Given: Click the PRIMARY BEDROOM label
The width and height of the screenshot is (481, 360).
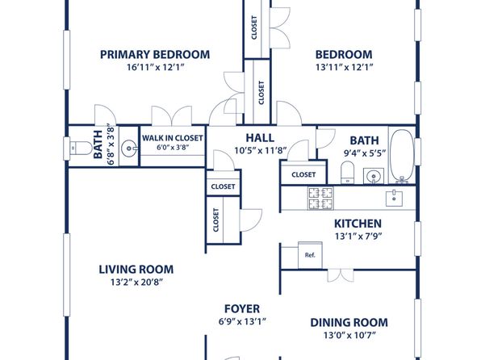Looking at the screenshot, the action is tap(155, 55).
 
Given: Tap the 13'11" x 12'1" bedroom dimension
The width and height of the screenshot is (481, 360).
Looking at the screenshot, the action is tap(344, 67).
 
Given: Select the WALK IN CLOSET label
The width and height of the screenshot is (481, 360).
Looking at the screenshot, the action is tap(173, 138).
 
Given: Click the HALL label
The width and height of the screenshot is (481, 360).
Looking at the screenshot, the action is tap(260, 138).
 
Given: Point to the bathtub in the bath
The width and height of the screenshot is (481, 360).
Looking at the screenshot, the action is tap(401, 157).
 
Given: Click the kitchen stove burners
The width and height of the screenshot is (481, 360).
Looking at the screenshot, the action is tap(320, 199).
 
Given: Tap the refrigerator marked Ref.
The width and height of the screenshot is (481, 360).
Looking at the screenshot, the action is tap(310, 255).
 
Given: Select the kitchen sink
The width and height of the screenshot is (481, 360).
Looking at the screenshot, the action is tap(394, 198).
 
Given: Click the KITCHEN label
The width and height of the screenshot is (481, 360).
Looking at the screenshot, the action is tap(358, 224).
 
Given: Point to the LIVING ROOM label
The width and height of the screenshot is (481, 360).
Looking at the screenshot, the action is tap(136, 270).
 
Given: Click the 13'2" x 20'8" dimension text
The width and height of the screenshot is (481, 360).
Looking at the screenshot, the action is tap(136, 282).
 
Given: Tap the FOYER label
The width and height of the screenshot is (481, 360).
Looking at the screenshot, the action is tap(242, 309).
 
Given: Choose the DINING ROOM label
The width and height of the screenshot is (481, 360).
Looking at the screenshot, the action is tap(349, 323).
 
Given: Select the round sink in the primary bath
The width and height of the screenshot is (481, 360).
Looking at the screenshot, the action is tap(129, 149).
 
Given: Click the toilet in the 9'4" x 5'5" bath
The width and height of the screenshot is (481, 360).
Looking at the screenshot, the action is tap(347, 172).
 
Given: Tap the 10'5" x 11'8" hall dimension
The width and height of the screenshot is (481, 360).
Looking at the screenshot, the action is tap(261, 151).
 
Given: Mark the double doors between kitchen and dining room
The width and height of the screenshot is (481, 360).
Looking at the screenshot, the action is tap(341, 275).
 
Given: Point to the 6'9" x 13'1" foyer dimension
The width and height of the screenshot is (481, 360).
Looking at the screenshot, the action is tap(242, 321).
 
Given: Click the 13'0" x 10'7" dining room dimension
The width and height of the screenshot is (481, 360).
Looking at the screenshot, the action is tap(349, 336).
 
